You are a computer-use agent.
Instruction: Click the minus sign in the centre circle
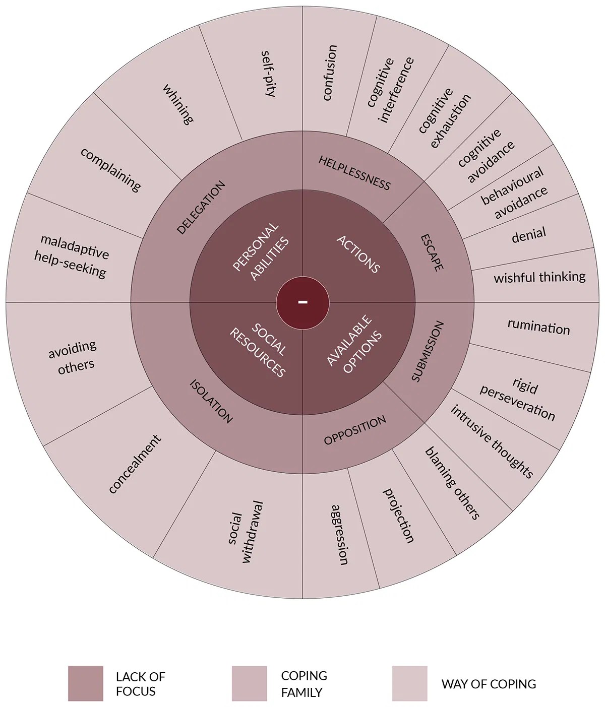point(302,302)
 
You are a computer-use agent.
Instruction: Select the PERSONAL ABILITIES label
point(261,251)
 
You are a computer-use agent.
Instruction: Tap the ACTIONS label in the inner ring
point(358,254)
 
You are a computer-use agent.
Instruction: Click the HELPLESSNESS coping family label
point(354,173)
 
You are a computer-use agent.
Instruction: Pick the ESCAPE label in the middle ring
point(432,252)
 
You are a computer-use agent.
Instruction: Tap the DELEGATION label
point(201,208)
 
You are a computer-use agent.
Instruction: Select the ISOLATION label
point(211,401)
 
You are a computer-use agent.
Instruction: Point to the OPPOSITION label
point(355,430)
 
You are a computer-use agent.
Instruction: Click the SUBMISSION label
point(428,351)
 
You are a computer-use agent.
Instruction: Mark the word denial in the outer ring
point(528,235)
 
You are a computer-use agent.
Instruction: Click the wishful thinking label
point(539,277)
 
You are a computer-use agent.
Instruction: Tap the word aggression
point(339,535)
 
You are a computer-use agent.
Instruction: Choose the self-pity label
point(268,73)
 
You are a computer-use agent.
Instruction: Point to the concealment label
point(135,464)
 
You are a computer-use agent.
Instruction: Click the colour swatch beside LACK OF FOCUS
point(85,683)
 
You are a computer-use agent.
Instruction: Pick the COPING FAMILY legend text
point(304,684)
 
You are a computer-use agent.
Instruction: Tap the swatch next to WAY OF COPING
point(409,683)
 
